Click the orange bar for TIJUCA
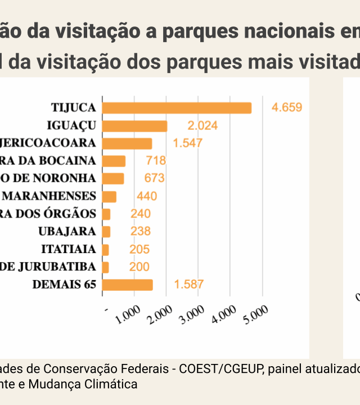(177, 108)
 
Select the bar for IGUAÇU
(136, 126)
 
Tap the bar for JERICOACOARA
(128, 143)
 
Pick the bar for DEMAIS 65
(128, 285)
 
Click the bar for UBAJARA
(107, 232)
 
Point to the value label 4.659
(287, 108)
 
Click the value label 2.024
(202, 126)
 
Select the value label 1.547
(187, 143)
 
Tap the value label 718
(156, 161)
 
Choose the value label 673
(154, 179)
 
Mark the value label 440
(147, 197)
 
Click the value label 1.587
(188, 285)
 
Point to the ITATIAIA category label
(69, 249)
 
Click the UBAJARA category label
(67, 232)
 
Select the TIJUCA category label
(74, 108)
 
